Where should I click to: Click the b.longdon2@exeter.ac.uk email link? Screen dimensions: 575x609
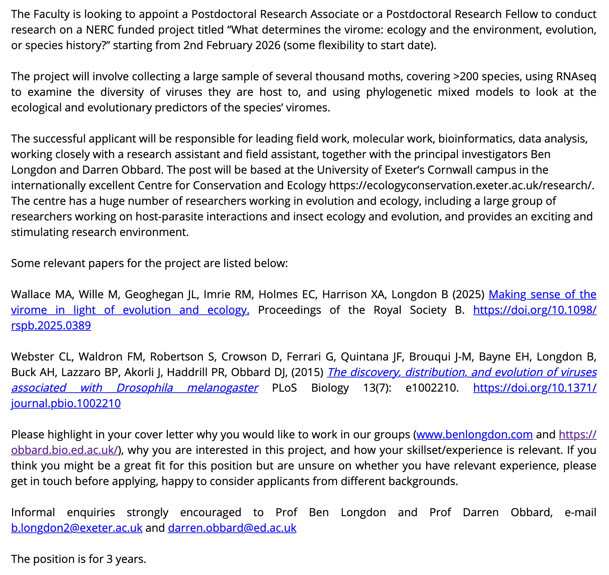pos(76,528)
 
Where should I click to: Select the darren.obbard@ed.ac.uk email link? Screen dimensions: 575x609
pos(232,528)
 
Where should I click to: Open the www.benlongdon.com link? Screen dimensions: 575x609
pos(474,434)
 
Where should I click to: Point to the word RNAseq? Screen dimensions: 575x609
pos(576,76)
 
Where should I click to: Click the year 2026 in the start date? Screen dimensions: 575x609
pos(267,45)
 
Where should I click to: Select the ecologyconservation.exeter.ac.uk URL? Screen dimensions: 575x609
pos(462,185)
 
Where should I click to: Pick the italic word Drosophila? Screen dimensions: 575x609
pos(145,387)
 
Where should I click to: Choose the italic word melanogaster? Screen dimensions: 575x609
pos(222,387)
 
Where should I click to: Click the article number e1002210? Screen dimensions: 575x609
pos(432,387)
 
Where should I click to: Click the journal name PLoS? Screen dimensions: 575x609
pos(284,387)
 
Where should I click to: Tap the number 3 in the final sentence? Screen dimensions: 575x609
pos(109,559)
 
